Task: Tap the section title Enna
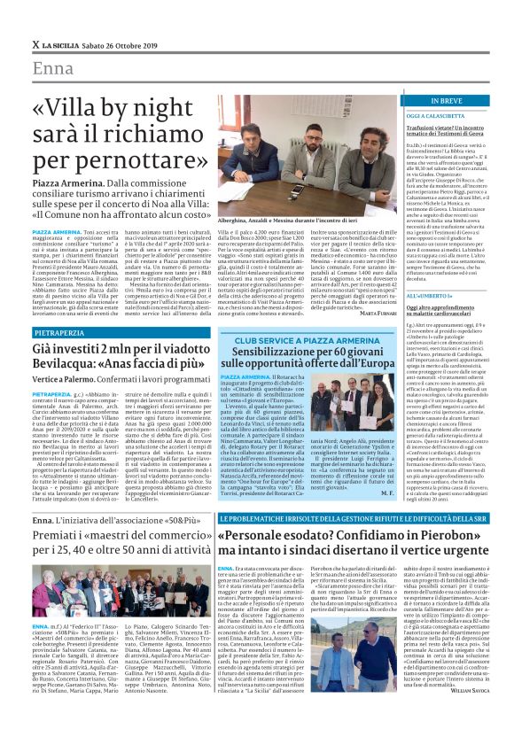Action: pyautogui.click(x=54, y=69)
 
